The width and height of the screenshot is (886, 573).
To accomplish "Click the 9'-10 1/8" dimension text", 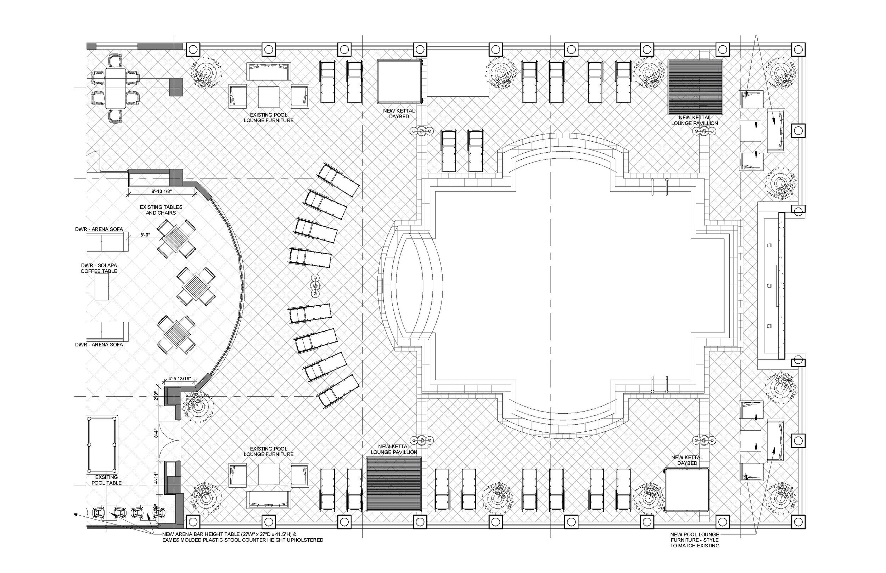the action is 161,191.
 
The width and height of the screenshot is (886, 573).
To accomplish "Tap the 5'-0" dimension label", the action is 146,235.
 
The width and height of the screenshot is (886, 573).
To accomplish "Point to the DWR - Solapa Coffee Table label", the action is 99,268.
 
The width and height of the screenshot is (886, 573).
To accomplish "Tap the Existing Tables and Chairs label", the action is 161,210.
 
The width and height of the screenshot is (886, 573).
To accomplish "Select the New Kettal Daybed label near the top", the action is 399,113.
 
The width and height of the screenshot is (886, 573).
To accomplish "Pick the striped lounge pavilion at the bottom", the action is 394,484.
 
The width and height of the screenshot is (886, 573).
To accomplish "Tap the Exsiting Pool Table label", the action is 106,480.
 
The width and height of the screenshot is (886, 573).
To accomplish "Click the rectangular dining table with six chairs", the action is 116,88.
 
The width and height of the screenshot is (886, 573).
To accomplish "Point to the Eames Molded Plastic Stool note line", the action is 242,540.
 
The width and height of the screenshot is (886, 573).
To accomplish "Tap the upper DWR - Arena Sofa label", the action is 99,229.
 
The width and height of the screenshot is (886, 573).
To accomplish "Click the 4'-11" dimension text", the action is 156,478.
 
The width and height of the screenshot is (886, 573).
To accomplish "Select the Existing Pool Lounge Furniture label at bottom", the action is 268,451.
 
